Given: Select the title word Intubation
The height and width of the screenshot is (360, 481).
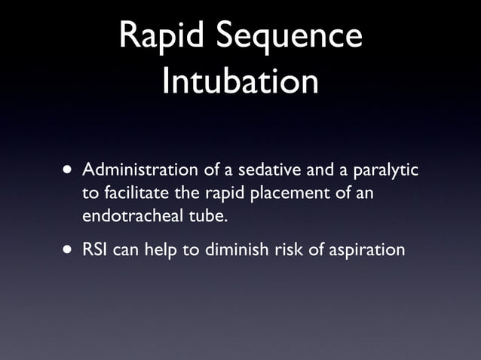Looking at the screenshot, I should tap(240, 81).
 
